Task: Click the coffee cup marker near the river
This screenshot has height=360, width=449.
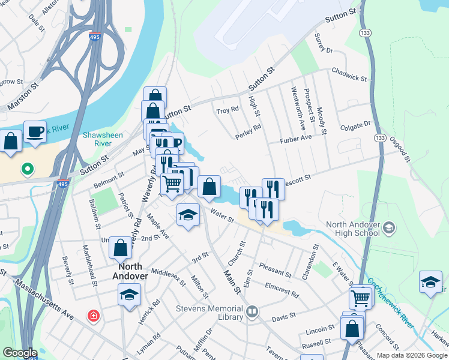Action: point(35,131)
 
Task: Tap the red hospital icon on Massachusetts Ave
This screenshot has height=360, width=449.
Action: point(93,316)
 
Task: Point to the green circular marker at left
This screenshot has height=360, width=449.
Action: point(27,170)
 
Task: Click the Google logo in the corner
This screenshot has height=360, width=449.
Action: point(20,353)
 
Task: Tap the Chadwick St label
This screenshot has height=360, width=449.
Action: point(349,77)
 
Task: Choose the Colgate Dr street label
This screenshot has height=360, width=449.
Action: point(355,126)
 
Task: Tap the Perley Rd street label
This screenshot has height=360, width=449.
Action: point(249,131)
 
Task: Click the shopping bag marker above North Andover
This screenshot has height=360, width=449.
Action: point(120,247)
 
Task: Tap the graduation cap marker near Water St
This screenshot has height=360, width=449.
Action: point(188,215)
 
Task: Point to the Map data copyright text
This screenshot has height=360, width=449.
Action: point(412,355)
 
